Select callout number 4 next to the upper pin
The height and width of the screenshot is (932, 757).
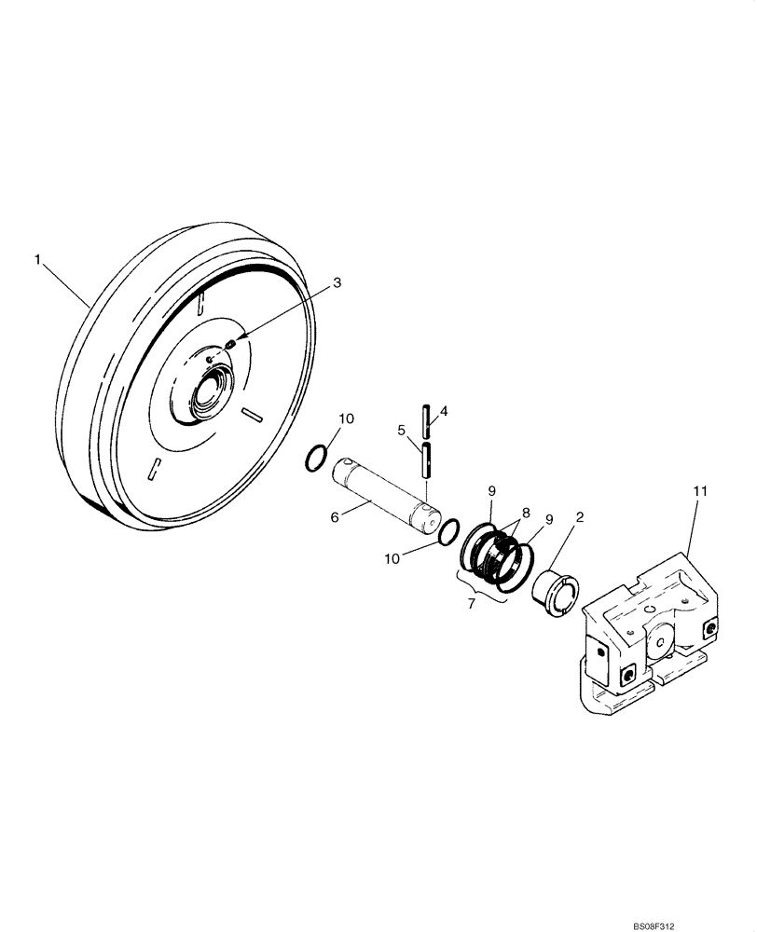[x=444, y=410]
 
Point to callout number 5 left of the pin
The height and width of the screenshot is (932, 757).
[x=403, y=431]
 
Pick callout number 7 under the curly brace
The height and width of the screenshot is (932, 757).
[x=472, y=604]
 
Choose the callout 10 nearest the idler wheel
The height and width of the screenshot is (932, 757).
[x=346, y=420]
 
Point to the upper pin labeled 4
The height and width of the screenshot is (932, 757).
[x=426, y=421]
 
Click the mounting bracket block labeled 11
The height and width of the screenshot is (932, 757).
[x=653, y=634]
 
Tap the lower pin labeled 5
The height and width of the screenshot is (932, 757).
[x=426, y=460]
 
